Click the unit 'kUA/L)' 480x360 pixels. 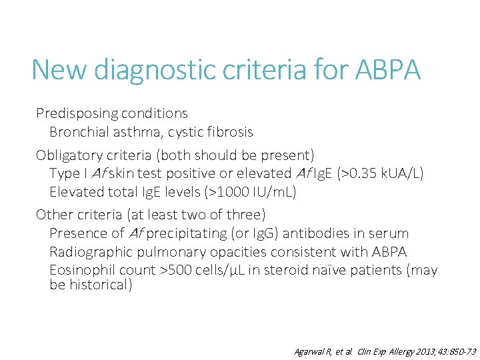405,174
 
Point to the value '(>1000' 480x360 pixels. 219,193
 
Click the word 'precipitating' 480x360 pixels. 185,233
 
